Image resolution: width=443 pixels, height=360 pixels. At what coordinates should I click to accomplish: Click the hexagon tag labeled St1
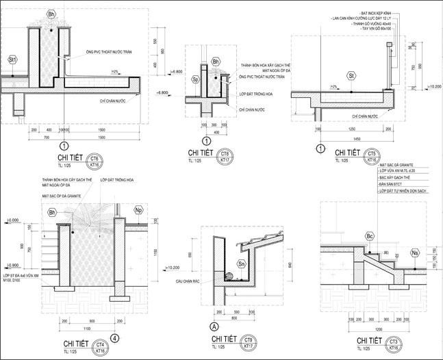point(13,60)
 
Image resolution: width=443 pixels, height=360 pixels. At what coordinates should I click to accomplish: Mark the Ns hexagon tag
point(415,253)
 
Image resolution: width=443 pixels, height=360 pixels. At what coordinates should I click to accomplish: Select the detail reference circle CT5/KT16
point(372,155)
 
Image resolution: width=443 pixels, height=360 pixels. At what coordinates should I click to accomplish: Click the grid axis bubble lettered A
point(214,326)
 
